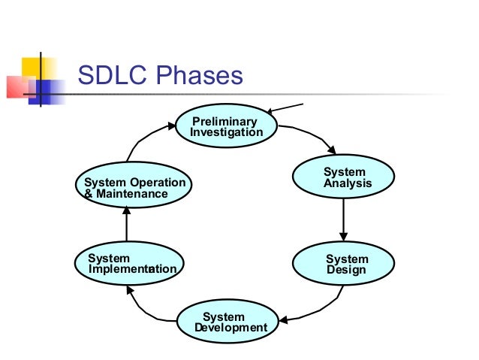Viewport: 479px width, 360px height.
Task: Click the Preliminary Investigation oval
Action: tap(227, 126)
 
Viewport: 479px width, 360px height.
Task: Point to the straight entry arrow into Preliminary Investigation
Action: tap(285, 109)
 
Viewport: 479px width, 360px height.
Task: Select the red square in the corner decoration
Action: tap(19, 87)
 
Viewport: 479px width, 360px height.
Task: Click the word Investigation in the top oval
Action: tap(227, 132)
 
